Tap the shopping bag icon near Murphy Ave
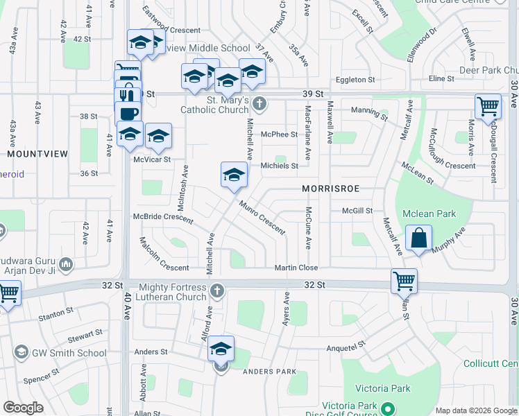click(x=419, y=239)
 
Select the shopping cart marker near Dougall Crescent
click(x=488, y=107)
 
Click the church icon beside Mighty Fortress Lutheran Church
click(x=216, y=290)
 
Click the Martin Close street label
click(x=296, y=268)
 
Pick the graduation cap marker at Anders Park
click(x=221, y=349)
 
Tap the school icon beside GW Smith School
click(x=22, y=353)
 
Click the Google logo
click(x=23, y=407)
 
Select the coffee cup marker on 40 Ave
click(x=128, y=114)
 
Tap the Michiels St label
click(x=279, y=166)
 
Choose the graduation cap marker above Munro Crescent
click(x=234, y=175)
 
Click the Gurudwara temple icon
click(x=66, y=263)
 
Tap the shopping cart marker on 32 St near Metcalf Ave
click(x=404, y=281)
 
